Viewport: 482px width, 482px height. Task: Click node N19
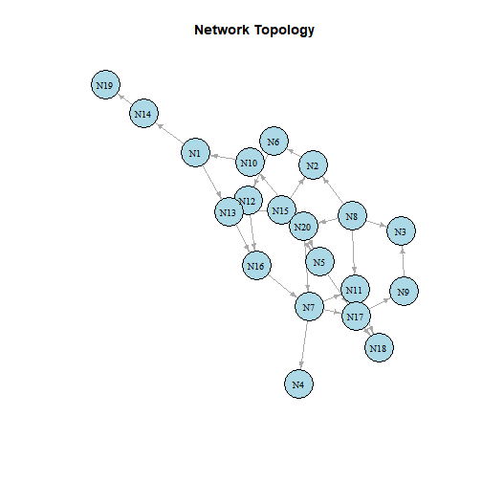point(105,85)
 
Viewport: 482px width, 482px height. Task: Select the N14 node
point(143,114)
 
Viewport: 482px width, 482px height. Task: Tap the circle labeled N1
point(195,153)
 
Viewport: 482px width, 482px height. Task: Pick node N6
point(274,142)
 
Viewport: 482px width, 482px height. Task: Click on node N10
point(250,163)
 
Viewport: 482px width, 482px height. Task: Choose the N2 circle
point(313,165)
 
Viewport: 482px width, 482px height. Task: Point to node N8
point(352,216)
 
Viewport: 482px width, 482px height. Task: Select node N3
point(401,231)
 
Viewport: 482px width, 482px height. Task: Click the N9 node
point(404,292)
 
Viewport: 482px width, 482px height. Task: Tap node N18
point(379,348)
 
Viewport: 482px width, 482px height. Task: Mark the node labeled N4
point(298,384)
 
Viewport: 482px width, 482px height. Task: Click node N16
point(256,266)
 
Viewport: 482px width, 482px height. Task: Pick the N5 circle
point(319,261)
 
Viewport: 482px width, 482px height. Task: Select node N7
point(309,307)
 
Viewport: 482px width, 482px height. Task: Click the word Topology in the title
point(284,31)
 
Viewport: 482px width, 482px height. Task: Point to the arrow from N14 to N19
point(124,99)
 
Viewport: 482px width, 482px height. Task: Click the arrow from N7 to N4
point(304,345)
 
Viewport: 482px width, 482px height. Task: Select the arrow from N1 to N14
point(170,134)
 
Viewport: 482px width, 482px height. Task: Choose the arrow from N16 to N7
point(282,286)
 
